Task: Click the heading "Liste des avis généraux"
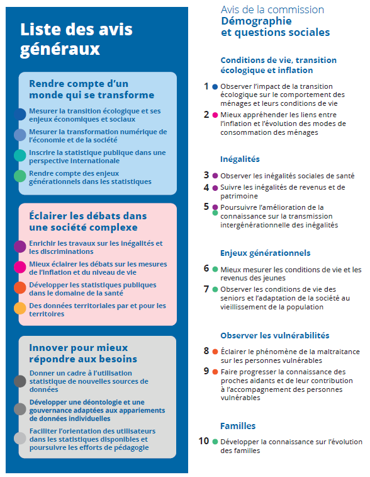click(60, 39)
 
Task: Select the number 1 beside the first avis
click(206, 86)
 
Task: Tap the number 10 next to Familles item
click(204, 441)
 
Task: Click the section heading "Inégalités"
click(240, 159)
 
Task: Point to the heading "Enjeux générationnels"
click(265, 253)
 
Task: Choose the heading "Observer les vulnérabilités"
click(274, 335)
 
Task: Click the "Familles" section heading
click(237, 426)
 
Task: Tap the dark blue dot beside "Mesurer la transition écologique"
click(20, 114)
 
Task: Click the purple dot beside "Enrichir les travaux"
click(20, 246)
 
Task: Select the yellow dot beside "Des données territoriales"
click(20, 308)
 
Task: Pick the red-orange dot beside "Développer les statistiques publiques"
click(20, 288)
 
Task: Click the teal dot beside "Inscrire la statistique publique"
click(20, 156)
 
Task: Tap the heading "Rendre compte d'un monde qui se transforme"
click(91, 89)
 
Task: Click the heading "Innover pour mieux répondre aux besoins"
click(82, 353)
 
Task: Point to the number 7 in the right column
click(206, 289)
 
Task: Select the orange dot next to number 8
click(215, 351)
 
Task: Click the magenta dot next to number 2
click(215, 115)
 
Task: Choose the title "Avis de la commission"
click(272, 9)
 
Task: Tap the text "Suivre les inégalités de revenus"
click(283, 187)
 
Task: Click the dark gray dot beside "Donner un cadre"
click(20, 381)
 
